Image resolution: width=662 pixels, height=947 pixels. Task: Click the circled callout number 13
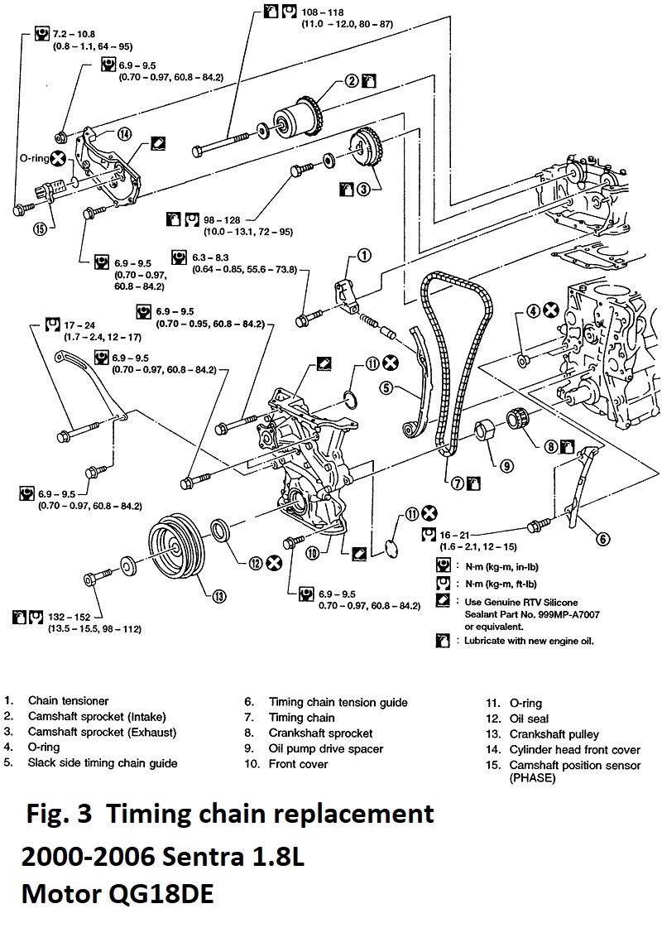click(218, 594)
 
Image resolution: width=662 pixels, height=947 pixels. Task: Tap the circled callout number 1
click(362, 255)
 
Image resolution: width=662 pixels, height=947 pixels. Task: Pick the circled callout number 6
click(604, 539)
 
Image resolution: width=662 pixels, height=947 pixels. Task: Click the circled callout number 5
click(386, 387)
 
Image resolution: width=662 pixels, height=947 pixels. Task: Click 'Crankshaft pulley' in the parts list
click(554, 733)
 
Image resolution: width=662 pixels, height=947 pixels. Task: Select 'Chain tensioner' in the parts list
click(68, 701)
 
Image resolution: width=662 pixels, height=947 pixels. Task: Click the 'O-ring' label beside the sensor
click(34, 156)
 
